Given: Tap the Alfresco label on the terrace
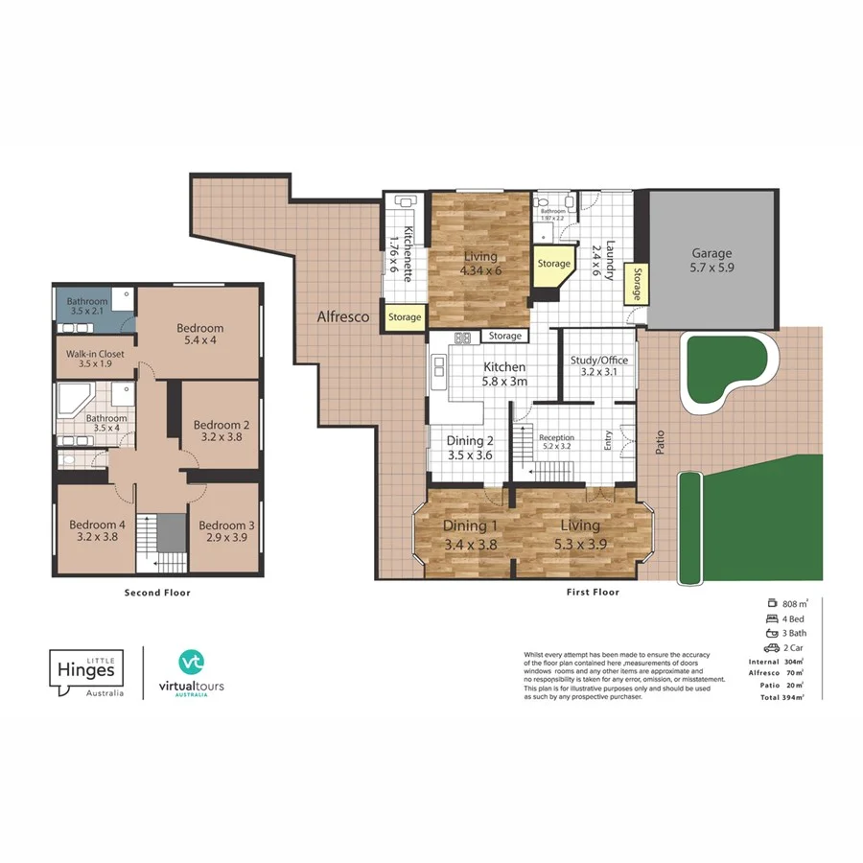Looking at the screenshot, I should pyautogui.click(x=344, y=316).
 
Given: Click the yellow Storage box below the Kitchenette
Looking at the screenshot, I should pyautogui.click(x=405, y=317).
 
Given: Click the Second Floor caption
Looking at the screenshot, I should pyautogui.click(x=157, y=593).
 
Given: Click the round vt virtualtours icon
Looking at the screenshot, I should pyautogui.click(x=191, y=662).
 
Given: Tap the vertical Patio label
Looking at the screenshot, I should pyautogui.click(x=661, y=440).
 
